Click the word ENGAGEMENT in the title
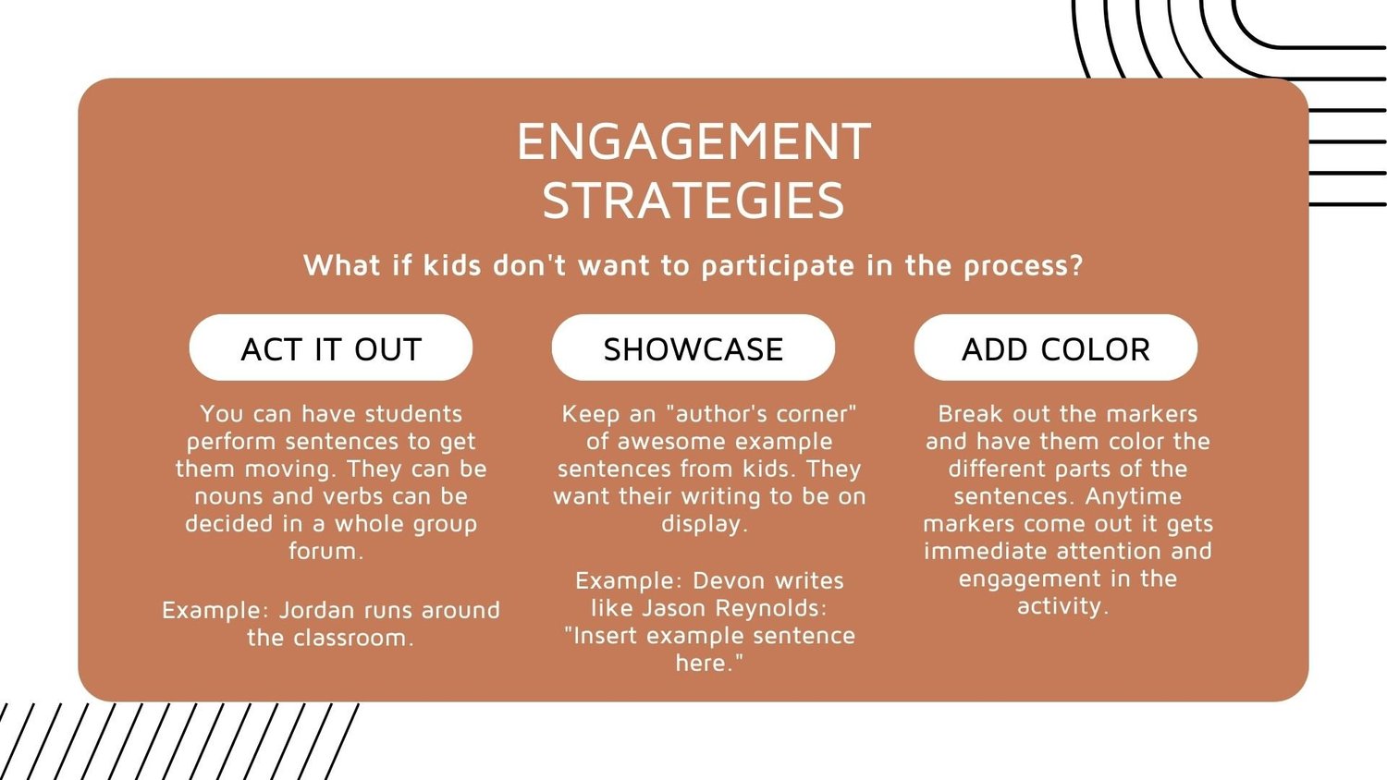[693, 141]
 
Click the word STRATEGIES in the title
[693, 201]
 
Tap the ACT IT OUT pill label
[331, 349]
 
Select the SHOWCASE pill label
[693, 349]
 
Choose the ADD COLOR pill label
[1056, 349]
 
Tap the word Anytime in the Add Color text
[1133, 496]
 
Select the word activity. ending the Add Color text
[1062, 606]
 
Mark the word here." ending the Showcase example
[709, 664]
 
